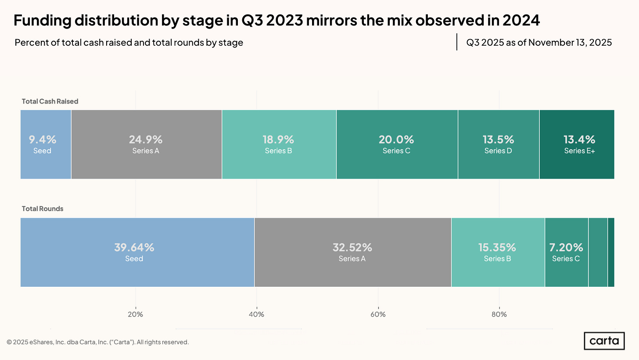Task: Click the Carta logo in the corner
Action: (x=604, y=341)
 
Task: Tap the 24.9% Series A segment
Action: (x=146, y=144)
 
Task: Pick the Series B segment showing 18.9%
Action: (x=279, y=144)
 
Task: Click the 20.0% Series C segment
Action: (x=397, y=144)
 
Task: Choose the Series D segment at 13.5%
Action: (x=498, y=144)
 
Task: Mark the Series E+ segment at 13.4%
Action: (x=577, y=144)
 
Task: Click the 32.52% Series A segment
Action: (x=352, y=252)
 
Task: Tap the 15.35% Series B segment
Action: (x=498, y=252)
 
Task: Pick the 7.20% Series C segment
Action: (x=566, y=252)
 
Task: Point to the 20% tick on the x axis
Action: (x=135, y=314)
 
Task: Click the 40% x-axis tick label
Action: (x=256, y=314)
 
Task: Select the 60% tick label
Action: (x=378, y=314)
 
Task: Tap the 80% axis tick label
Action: (x=499, y=314)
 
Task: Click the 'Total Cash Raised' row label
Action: (x=50, y=101)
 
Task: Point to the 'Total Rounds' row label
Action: (x=43, y=209)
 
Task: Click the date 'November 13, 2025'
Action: (x=564, y=43)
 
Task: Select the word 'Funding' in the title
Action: (x=41, y=20)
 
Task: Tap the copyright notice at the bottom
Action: (x=98, y=342)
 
